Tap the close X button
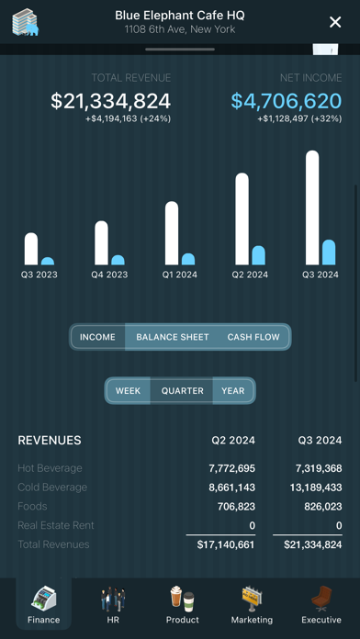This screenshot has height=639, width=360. (x=335, y=22)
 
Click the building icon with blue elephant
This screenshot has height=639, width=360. (x=26, y=22)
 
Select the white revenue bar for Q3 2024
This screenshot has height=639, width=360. (x=312, y=207)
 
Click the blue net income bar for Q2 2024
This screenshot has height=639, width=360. (x=258, y=255)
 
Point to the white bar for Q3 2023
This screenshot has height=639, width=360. (x=31, y=249)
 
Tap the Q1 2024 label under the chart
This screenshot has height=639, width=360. (x=180, y=275)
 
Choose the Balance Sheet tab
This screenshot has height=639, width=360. (x=173, y=337)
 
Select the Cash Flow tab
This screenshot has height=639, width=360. (x=253, y=337)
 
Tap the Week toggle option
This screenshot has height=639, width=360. (x=128, y=391)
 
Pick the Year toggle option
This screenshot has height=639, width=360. (x=233, y=391)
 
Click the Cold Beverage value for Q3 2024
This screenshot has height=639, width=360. (x=316, y=488)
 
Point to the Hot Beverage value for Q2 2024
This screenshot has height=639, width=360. (x=232, y=468)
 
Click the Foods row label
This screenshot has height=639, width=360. (x=33, y=507)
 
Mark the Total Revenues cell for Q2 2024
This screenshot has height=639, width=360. (x=226, y=544)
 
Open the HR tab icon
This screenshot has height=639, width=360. (x=113, y=599)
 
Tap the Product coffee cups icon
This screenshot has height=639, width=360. (x=182, y=599)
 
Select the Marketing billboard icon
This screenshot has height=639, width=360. (x=252, y=599)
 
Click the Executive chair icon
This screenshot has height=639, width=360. (x=321, y=599)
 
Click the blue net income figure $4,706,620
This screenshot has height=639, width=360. (x=287, y=101)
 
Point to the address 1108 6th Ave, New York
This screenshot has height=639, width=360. (x=180, y=29)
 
